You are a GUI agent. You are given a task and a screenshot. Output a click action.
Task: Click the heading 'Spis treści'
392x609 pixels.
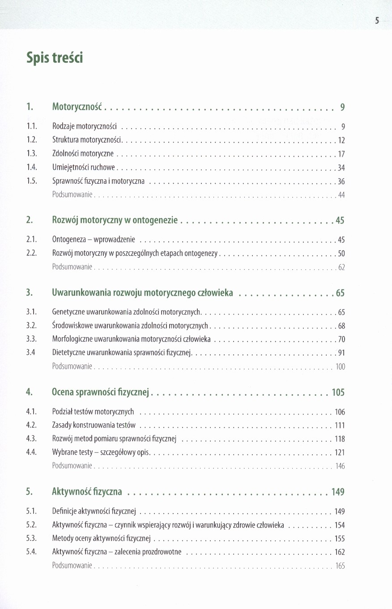(x=55, y=58)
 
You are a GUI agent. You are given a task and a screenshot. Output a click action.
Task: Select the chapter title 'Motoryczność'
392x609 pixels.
(x=77, y=107)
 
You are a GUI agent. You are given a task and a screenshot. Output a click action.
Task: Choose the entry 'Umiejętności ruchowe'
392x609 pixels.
(x=84, y=168)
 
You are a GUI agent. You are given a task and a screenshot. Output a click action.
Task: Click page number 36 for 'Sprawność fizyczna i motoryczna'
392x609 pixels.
(x=341, y=181)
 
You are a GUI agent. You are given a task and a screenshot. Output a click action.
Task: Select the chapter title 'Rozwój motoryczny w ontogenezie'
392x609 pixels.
(x=115, y=220)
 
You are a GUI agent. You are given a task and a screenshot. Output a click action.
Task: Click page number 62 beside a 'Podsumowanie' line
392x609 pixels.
(x=341, y=268)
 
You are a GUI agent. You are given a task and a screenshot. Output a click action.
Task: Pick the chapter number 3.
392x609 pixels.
(x=29, y=293)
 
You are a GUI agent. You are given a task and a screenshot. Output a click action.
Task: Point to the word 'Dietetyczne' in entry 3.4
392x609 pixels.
(x=66, y=353)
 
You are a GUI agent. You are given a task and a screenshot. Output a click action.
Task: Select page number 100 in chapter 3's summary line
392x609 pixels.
(x=340, y=367)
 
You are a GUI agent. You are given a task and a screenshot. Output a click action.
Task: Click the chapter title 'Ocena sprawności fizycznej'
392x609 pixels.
(x=100, y=393)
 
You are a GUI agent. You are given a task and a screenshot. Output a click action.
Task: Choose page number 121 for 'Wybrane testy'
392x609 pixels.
(x=340, y=453)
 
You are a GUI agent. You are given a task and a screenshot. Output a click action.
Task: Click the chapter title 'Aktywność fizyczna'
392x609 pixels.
(x=87, y=492)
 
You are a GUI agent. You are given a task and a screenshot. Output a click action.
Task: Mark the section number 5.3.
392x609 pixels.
(x=31, y=539)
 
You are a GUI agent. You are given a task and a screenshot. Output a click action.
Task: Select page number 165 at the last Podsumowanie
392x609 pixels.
(x=340, y=566)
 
